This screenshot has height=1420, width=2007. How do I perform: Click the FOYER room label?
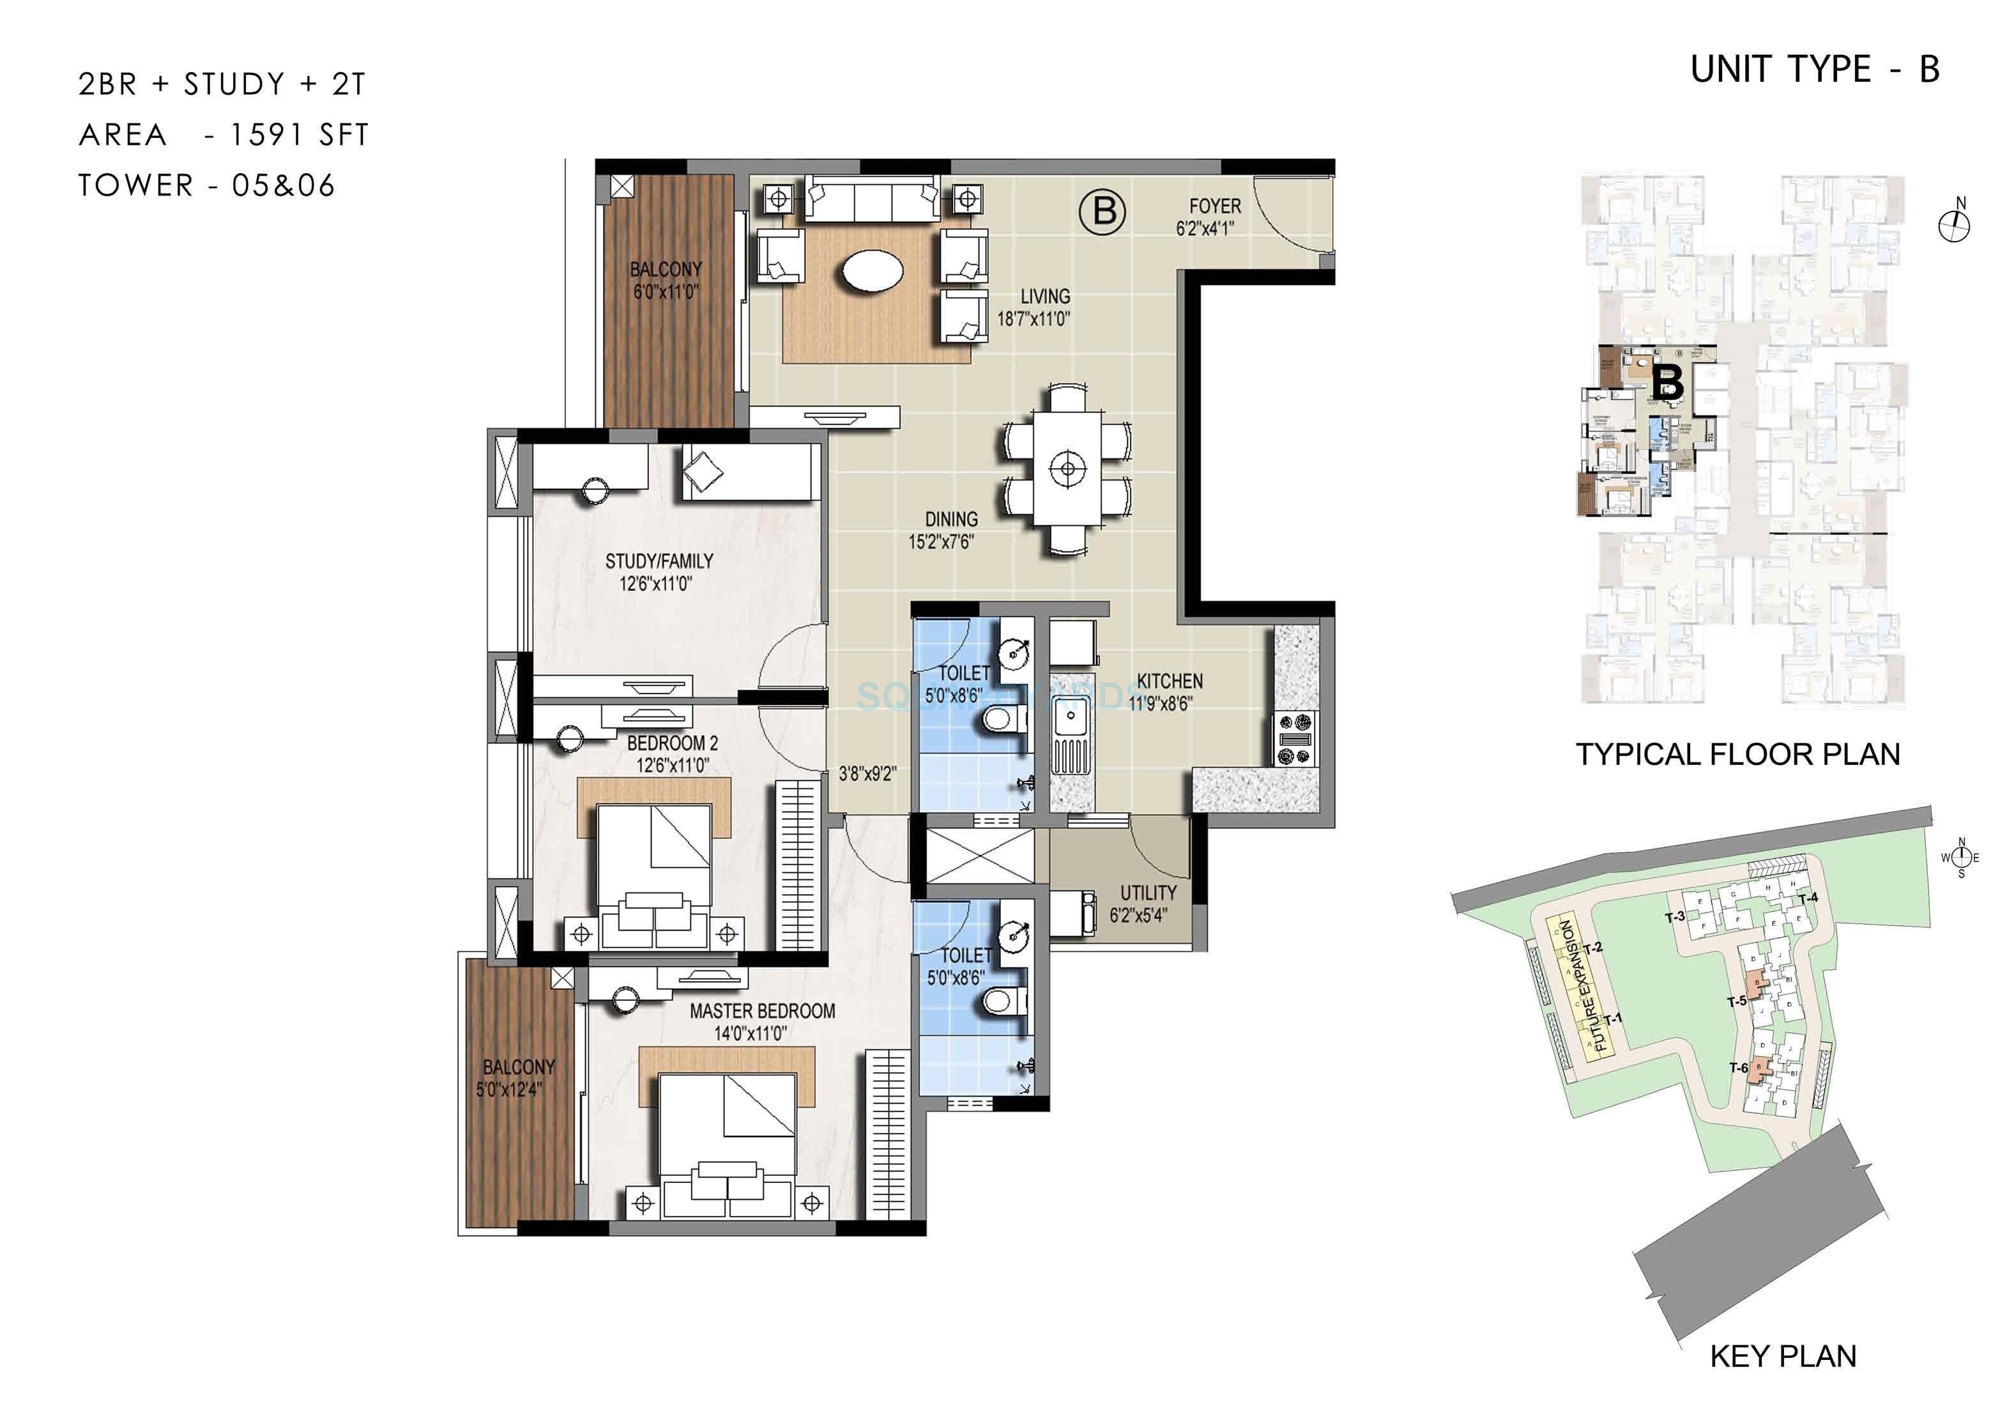pos(1214,206)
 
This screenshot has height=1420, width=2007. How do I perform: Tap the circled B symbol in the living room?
pos(1103,212)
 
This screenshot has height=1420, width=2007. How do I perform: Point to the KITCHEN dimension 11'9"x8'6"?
pos(1160,703)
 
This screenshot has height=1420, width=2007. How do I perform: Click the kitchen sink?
pos(1068,723)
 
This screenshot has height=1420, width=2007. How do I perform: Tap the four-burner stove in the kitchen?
pos(1295,739)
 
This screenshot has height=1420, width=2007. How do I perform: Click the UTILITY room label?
pos(1148,893)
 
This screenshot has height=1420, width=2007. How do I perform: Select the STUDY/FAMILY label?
pos(659,561)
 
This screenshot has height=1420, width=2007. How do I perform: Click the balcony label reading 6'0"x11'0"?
pos(666,291)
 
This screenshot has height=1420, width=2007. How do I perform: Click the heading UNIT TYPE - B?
pos(1815,70)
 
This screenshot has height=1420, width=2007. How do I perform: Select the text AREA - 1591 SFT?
pos(224,135)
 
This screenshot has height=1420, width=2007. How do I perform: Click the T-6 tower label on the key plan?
pos(1739,1068)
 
